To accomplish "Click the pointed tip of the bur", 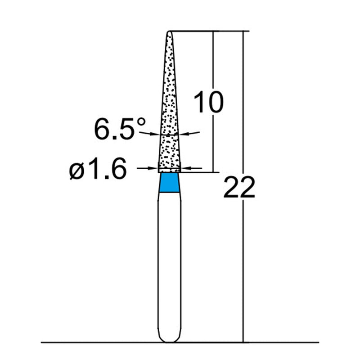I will point(170,32).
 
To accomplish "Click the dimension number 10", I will point(208,102).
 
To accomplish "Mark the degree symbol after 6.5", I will point(141,122).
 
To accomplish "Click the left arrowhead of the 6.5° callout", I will point(157,134).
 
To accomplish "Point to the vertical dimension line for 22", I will point(243,270).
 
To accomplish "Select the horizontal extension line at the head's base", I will point(198,172).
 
